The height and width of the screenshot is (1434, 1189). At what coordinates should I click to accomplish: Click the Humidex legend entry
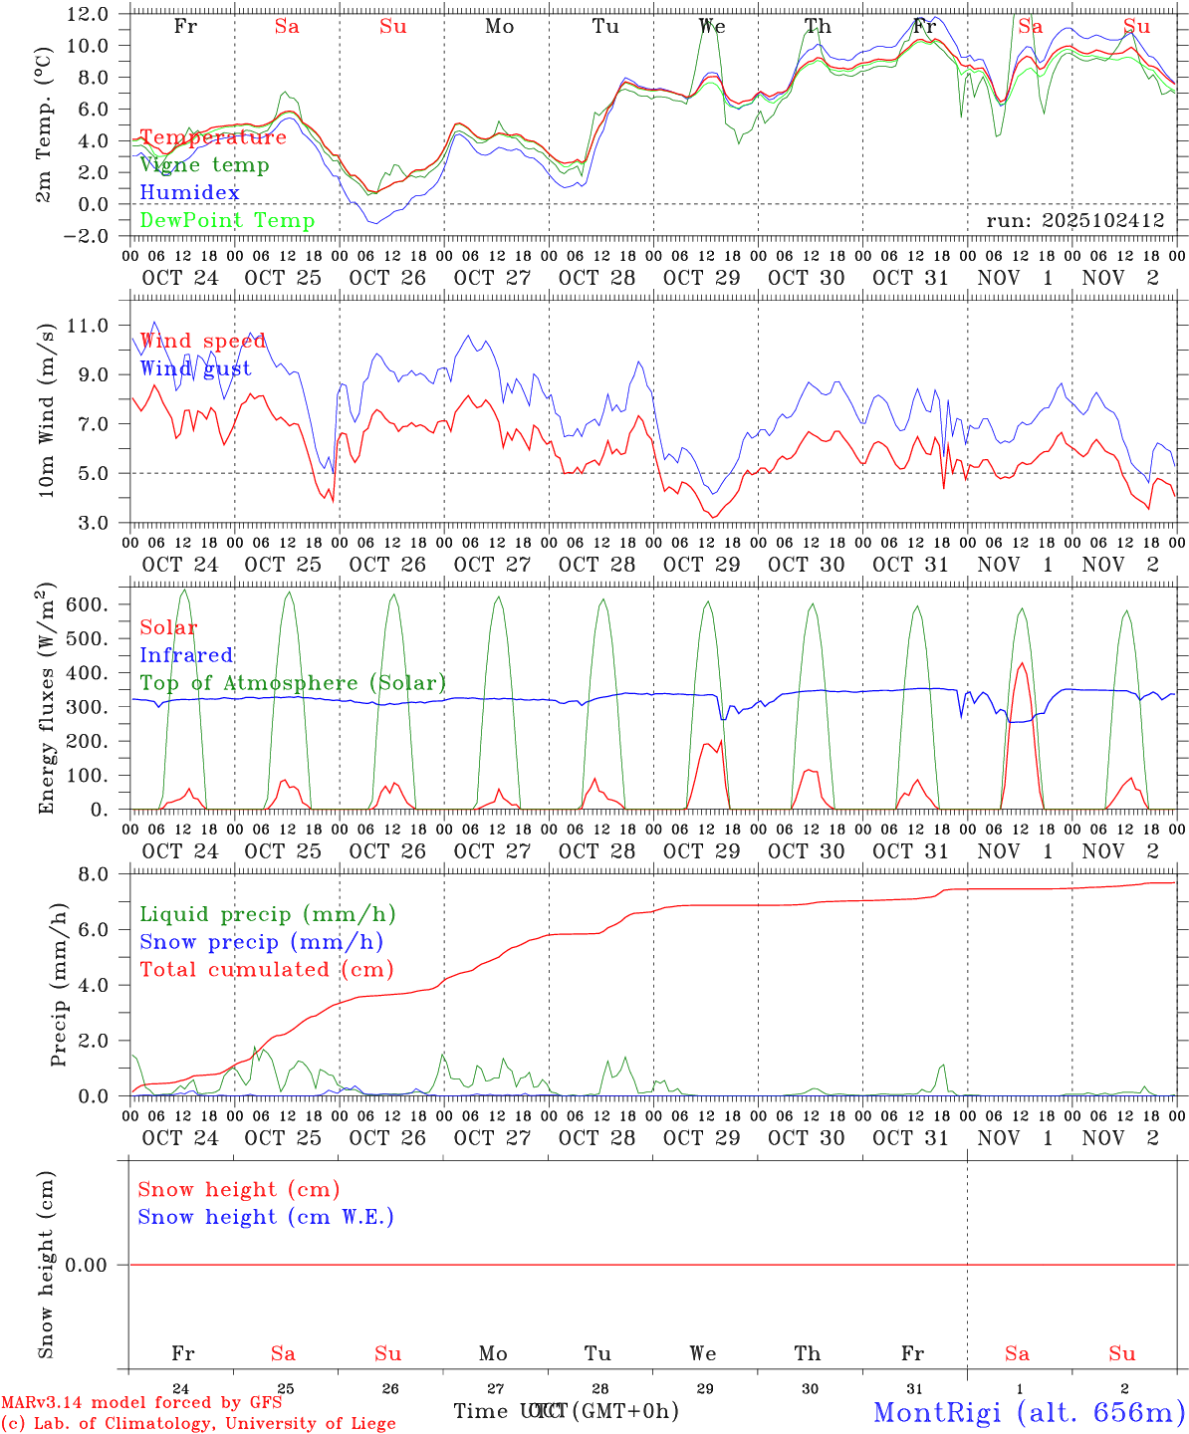click(x=189, y=192)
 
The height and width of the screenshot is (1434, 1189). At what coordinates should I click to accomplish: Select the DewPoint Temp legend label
click(x=227, y=220)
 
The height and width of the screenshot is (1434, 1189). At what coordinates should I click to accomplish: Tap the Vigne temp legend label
click(x=204, y=164)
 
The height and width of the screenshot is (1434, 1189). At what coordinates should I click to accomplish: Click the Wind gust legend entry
click(x=195, y=368)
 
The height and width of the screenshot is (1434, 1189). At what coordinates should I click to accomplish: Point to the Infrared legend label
click(x=186, y=655)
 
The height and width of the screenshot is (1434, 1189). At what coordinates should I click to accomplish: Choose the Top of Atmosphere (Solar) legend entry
click(x=293, y=683)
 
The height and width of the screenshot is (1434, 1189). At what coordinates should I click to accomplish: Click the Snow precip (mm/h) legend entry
click(x=261, y=942)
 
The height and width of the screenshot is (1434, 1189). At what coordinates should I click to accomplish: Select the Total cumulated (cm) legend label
click(x=266, y=969)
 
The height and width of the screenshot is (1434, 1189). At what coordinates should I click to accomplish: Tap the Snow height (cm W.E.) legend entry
click(x=266, y=1217)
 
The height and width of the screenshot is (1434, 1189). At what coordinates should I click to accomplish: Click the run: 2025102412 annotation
click(x=1074, y=220)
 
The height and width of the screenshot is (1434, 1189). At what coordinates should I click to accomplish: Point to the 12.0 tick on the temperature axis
click(x=88, y=14)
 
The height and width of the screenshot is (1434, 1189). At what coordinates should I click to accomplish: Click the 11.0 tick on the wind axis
click(x=88, y=326)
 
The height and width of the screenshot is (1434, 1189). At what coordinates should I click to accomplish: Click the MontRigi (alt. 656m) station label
click(x=1029, y=1411)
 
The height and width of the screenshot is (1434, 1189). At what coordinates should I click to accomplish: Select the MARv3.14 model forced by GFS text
click(x=141, y=1402)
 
